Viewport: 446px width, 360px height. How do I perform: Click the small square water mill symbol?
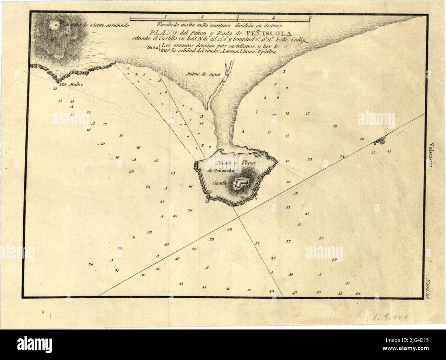[x=227, y=74]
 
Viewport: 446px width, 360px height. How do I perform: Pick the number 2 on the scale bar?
[x=202, y=16]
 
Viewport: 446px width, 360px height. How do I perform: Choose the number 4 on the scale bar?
[x=273, y=16]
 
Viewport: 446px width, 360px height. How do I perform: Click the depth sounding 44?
[x=358, y=293]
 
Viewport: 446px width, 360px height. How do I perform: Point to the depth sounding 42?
[x=348, y=283]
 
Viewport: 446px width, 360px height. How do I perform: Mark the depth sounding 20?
[x=131, y=171]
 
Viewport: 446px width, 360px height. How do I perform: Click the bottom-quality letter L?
[x=134, y=237]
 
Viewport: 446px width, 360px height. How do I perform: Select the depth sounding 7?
[x=256, y=112]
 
